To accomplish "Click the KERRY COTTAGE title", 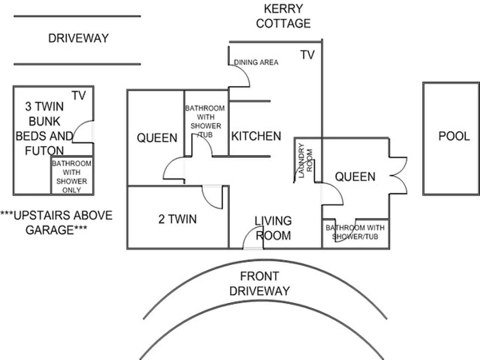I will click(283, 16).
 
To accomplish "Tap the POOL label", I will click(454, 136).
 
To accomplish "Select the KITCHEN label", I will click(256, 136).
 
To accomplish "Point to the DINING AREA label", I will click(256, 62).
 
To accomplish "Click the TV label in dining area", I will click(307, 55).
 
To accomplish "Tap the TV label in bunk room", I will click(79, 96).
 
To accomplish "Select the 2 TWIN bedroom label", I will click(177, 220).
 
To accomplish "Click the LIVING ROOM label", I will click(273, 228).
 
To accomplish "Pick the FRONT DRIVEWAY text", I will click(259, 283).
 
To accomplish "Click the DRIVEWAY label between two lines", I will click(78, 38).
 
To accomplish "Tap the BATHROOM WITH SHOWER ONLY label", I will click(72, 177).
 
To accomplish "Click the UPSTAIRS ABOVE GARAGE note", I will click(56, 222).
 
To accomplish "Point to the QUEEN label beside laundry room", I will click(355, 177).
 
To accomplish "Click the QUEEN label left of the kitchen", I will click(157, 138).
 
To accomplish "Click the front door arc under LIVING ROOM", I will click(253, 239).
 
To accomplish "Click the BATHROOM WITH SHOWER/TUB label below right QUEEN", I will click(355, 231).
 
